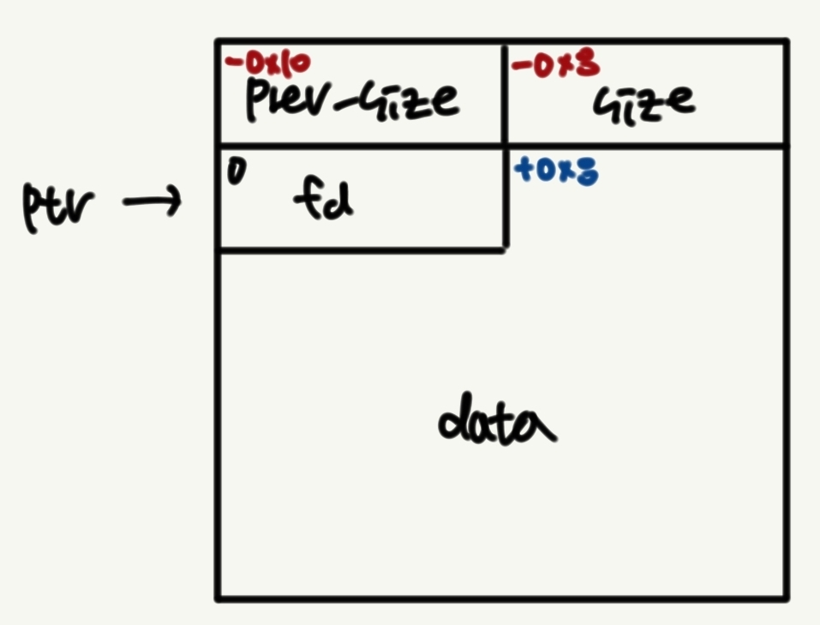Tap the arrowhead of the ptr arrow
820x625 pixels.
(176, 203)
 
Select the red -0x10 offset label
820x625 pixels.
(267, 63)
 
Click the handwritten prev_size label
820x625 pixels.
(351, 100)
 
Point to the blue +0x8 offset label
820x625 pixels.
(555, 171)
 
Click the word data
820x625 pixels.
(497, 423)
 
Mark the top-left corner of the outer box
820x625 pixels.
(218, 41)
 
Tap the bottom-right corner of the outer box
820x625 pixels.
(785, 597)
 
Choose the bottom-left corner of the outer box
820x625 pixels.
(218, 597)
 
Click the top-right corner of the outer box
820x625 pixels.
(785, 41)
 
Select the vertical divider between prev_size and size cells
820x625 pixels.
(505, 93)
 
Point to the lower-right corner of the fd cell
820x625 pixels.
(504, 249)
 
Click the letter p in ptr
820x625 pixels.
(33, 210)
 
